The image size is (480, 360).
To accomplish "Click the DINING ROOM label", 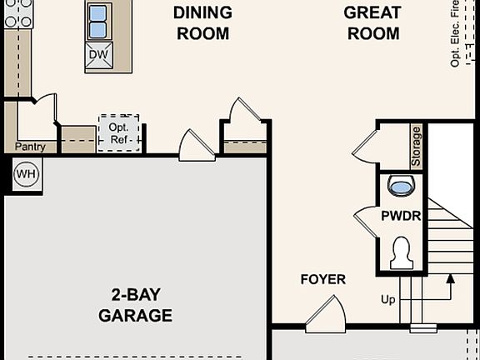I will (202, 23).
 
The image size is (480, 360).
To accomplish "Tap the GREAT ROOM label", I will (372, 23).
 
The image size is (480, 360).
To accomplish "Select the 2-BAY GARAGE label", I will (135, 305).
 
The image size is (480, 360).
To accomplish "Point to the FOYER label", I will (323, 279).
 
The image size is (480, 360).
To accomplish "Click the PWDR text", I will (401, 216).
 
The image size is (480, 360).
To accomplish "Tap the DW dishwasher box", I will (98, 56).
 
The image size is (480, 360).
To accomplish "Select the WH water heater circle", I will (26, 174).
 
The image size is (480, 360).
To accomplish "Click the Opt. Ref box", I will (118, 132).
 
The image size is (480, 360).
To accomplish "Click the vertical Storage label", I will (416, 145).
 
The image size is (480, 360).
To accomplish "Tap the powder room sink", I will (401, 186).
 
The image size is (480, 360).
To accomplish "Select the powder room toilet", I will (402, 253).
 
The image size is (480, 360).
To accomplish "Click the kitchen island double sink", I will (98, 22).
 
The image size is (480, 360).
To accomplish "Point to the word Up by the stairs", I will (388, 299).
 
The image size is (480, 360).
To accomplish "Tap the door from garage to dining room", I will (196, 146).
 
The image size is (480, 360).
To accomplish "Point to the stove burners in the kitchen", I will (17, 12).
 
